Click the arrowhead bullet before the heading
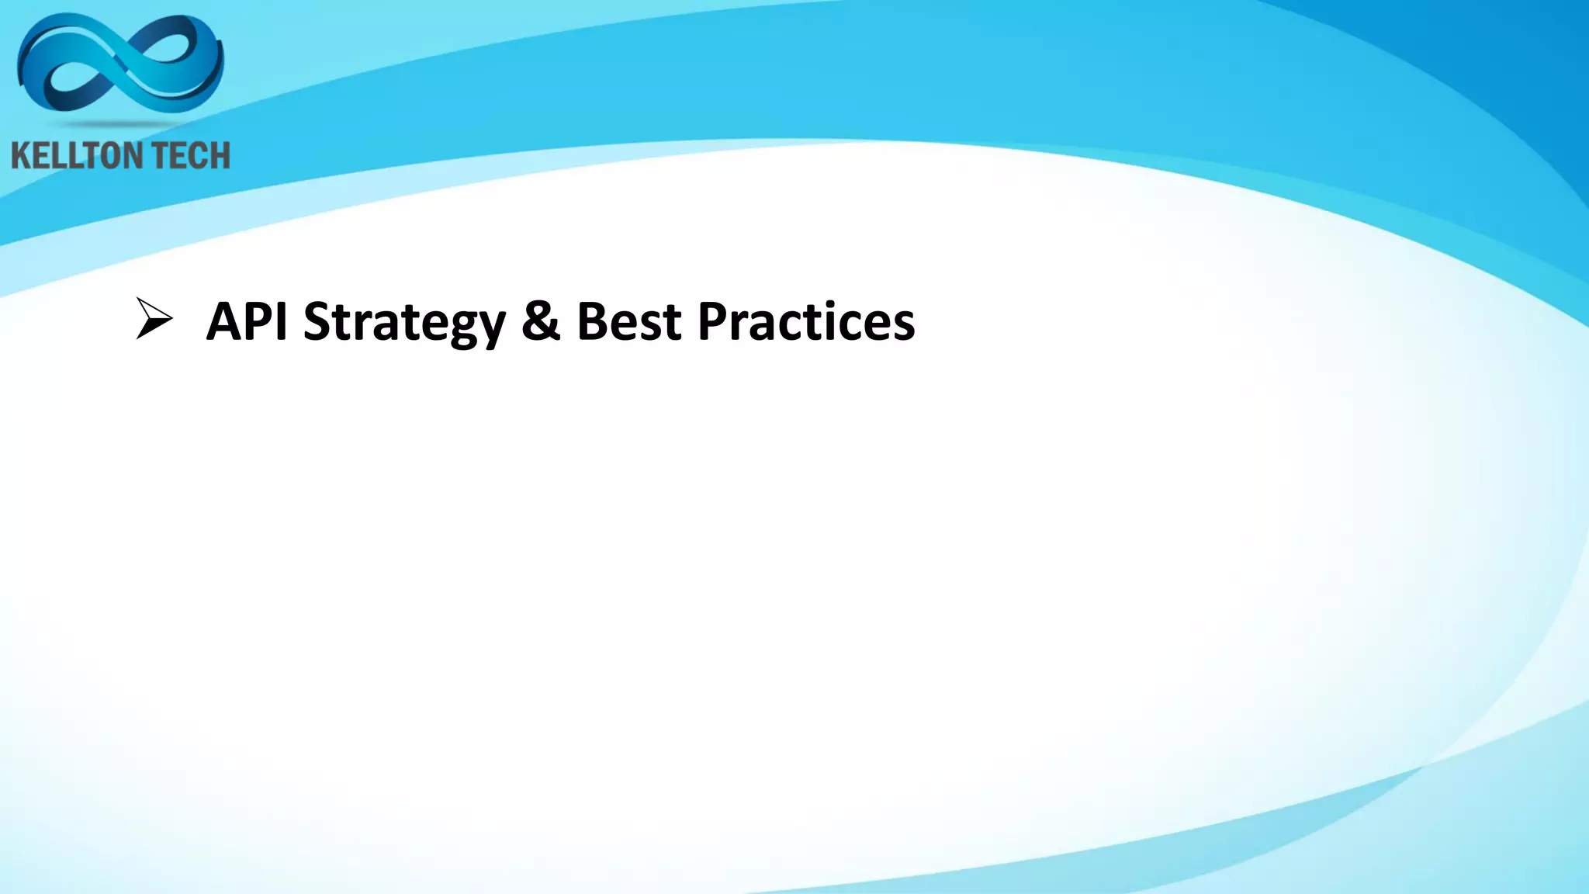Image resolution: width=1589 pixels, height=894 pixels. (154, 319)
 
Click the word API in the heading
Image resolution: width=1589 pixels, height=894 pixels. (247, 321)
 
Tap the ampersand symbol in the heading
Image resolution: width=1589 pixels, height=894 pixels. (541, 321)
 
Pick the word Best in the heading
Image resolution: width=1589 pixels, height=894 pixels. (629, 321)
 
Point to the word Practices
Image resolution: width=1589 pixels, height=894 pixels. (806, 321)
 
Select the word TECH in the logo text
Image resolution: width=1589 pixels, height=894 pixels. (190, 156)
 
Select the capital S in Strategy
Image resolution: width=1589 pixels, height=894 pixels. (317, 321)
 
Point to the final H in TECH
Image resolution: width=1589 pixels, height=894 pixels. (219, 156)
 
